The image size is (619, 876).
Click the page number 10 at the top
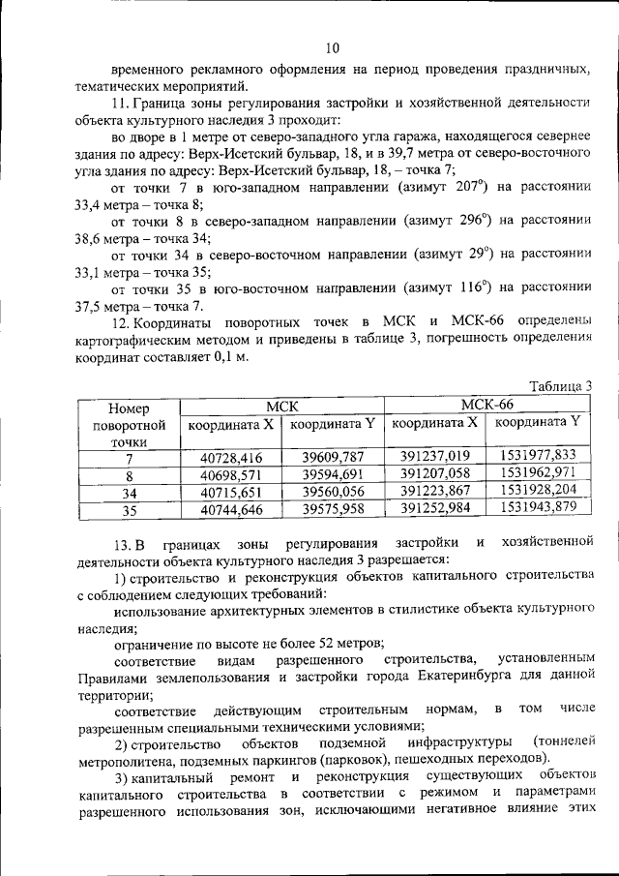(332, 47)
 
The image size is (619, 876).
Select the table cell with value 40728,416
(231, 457)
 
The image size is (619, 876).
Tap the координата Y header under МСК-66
(538, 422)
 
